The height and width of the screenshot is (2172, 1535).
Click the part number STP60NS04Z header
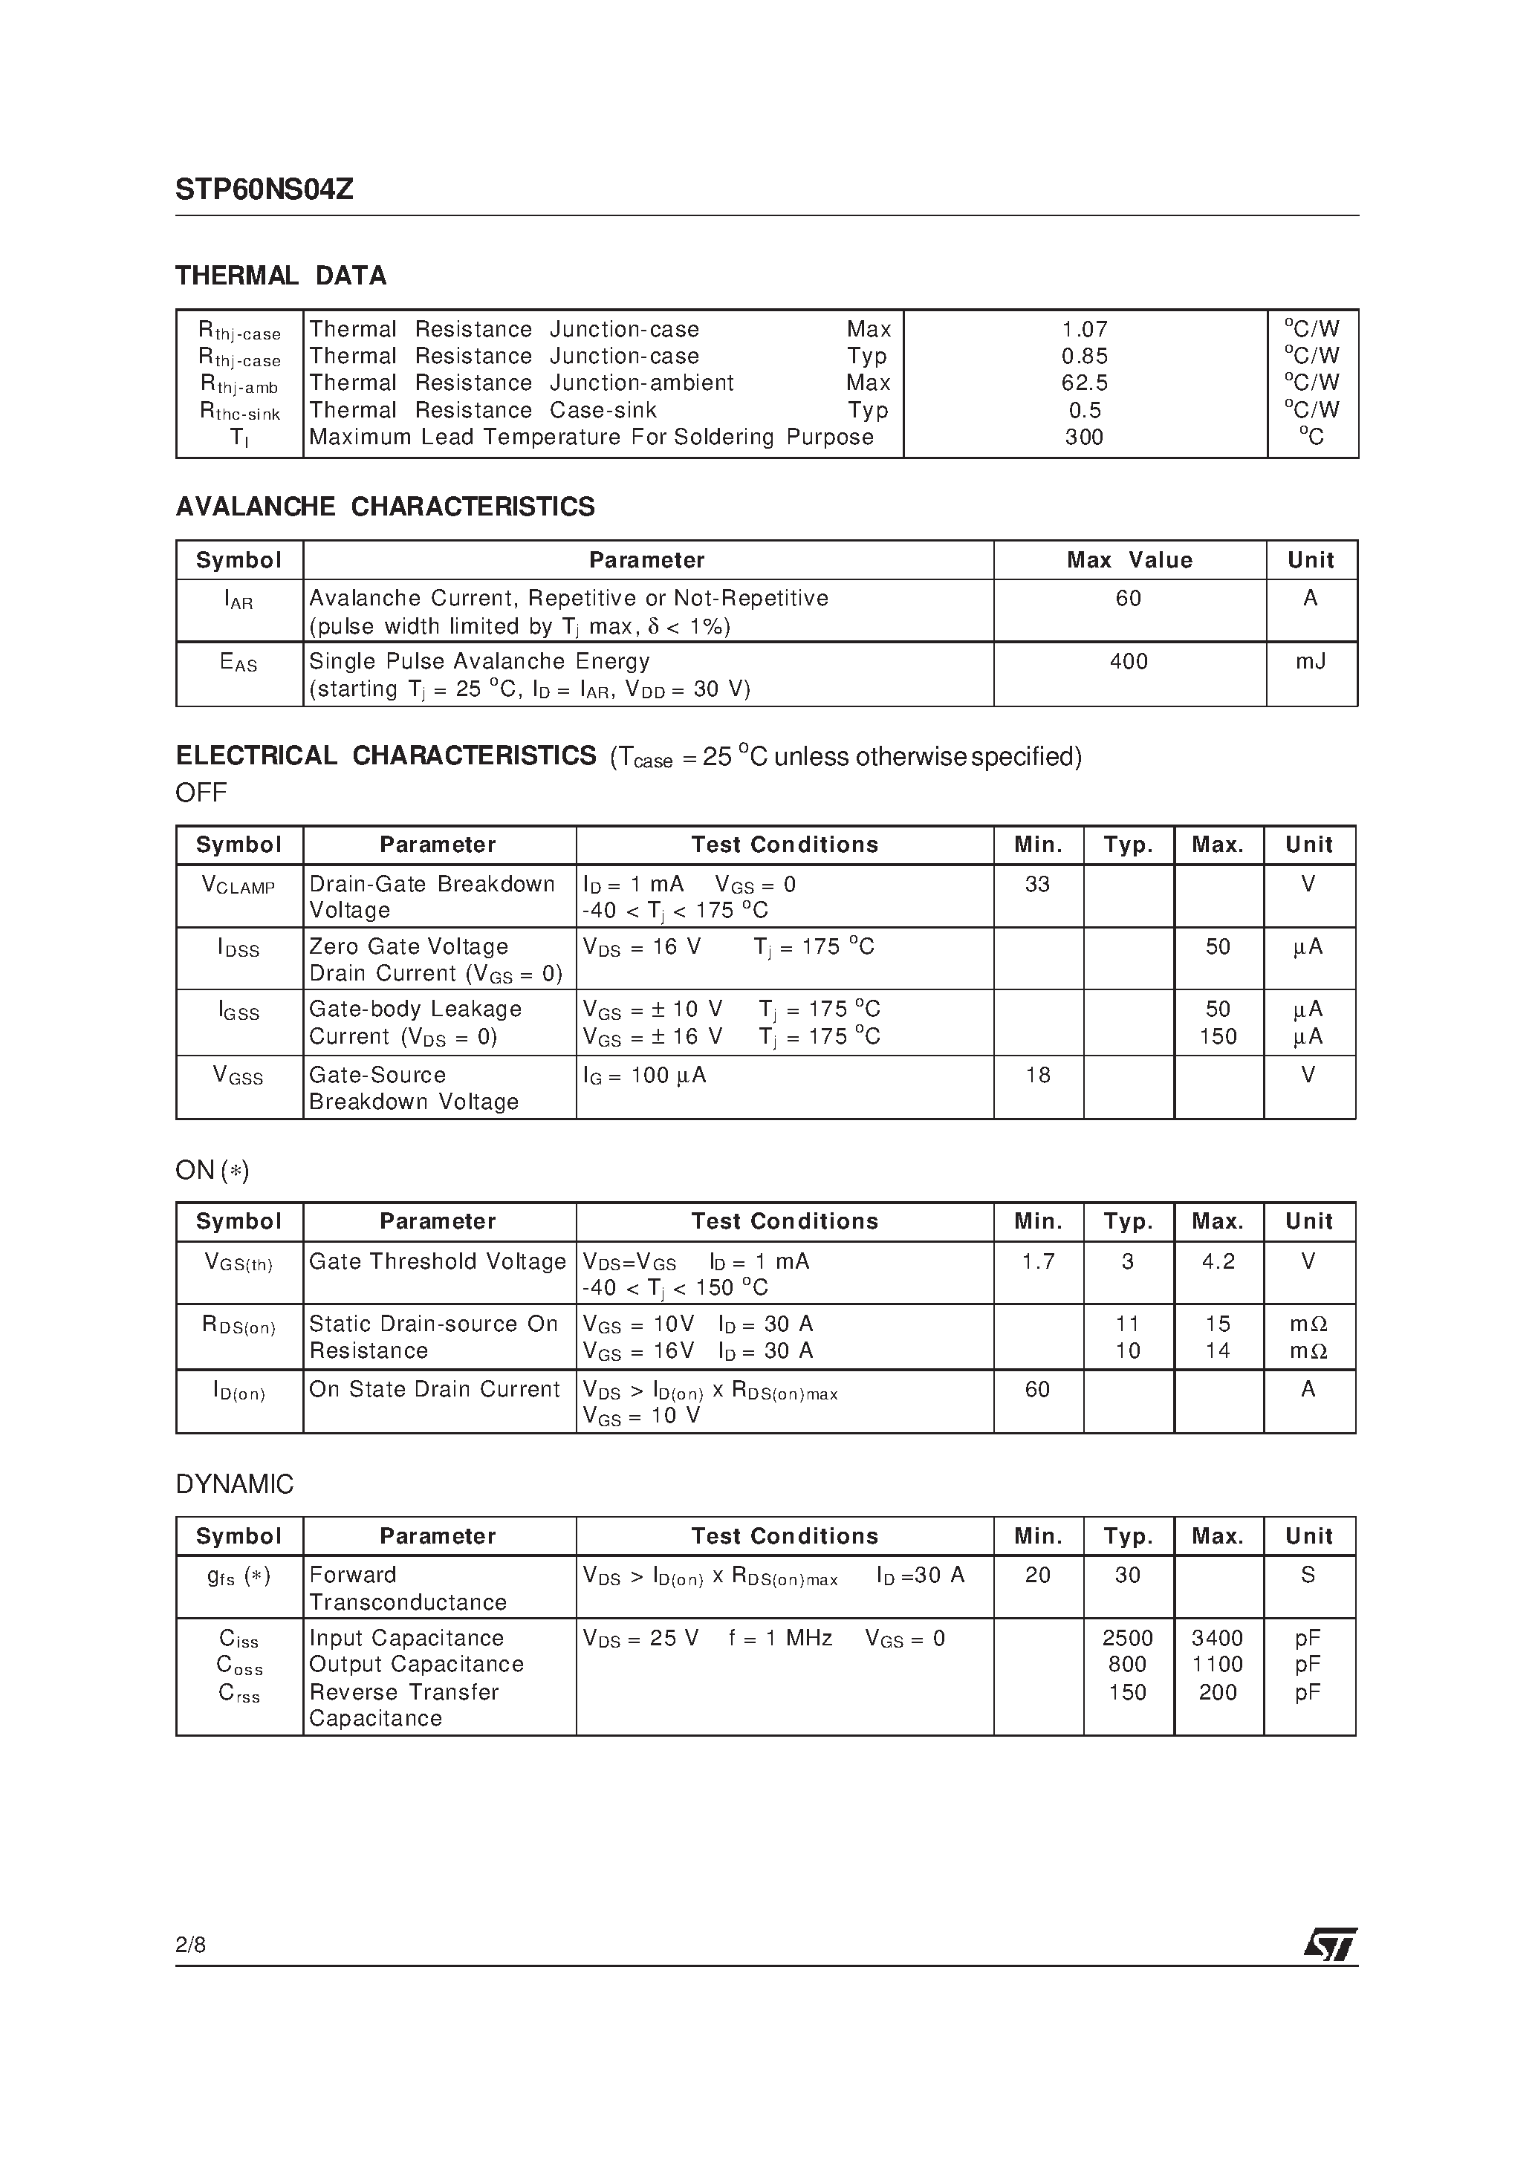tap(264, 190)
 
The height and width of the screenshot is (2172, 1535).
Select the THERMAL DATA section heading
tap(281, 276)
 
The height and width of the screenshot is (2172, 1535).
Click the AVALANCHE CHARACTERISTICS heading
tap(385, 507)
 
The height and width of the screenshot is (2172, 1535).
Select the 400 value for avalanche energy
tap(1128, 661)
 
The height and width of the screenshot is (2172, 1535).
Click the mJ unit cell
tap(1310, 661)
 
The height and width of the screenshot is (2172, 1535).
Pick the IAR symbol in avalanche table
tap(238, 599)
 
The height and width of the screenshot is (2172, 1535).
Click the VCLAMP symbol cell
tap(238, 885)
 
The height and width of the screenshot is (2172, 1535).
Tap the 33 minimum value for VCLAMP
tap(1037, 885)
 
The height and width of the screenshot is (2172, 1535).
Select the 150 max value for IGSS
tap(1218, 1037)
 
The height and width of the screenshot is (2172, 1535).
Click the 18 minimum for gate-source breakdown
tap(1037, 1076)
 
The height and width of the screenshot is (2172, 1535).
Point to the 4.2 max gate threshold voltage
tap(1218, 1262)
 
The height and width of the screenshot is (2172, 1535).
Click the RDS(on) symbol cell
tap(238, 1325)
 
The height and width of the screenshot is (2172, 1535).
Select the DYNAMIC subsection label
tap(235, 1484)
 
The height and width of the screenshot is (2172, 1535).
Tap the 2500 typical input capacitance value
tap(1127, 1639)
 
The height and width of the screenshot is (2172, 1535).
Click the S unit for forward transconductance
tap(1308, 1575)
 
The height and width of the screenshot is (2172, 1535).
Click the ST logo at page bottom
tap(1330, 1945)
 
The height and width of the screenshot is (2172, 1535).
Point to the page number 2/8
tap(190, 1945)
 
